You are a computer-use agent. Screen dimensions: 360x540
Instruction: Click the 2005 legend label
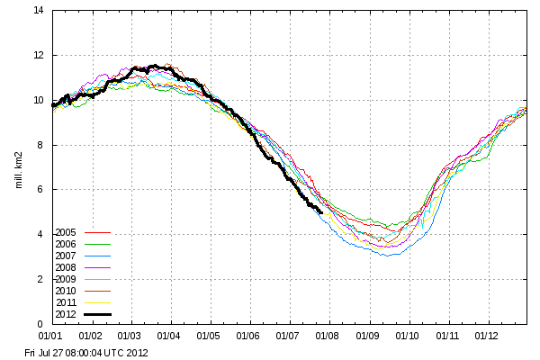(65, 231)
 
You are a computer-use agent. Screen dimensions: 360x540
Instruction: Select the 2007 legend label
(65, 255)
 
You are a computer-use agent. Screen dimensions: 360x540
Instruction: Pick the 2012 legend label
(65, 313)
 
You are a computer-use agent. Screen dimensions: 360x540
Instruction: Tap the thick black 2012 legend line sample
(95, 313)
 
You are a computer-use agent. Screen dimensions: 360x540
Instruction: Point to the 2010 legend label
(65, 290)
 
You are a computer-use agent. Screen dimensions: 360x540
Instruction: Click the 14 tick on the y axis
(39, 11)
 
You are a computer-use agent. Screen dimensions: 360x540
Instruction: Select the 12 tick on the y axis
(39, 56)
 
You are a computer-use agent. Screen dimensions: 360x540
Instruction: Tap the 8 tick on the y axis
(42, 145)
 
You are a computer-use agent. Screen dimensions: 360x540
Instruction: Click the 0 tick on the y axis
(42, 324)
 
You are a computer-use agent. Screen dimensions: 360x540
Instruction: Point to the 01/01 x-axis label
(52, 336)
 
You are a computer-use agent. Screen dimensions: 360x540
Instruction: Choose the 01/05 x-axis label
(210, 336)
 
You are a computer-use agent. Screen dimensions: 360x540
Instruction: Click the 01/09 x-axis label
(368, 336)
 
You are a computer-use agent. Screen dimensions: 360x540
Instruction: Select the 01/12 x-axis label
(487, 336)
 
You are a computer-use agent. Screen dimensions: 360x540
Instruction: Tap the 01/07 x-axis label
(289, 336)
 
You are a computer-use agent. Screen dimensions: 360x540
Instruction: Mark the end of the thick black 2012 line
(321, 211)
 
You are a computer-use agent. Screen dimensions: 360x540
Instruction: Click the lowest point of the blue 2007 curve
(388, 256)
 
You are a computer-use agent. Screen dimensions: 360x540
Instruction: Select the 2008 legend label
(65, 266)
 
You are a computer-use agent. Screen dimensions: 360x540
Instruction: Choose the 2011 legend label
(65, 301)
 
